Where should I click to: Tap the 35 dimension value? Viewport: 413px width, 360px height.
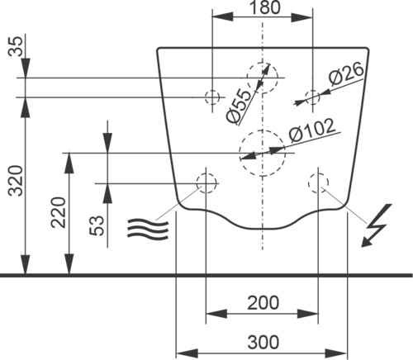click(15, 46)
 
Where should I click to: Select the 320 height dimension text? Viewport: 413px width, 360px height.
click(15, 180)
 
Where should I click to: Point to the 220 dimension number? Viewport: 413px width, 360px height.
click(59, 212)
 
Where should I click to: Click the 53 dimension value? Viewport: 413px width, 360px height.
click(97, 225)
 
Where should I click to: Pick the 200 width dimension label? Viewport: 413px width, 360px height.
click(263, 303)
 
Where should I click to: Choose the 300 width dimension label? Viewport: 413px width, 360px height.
click(263, 342)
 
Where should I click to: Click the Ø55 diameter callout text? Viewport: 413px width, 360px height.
click(239, 106)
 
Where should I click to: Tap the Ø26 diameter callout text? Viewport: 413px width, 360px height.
click(346, 73)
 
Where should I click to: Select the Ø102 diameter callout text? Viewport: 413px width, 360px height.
click(312, 130)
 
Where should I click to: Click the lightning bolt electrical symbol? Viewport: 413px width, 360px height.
click(376, 225)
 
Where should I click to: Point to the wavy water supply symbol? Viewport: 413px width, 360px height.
click(148, 228)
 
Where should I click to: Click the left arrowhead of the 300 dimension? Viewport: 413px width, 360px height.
click(187, 353)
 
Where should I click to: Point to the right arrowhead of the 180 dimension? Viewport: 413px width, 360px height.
click(302, 17)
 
